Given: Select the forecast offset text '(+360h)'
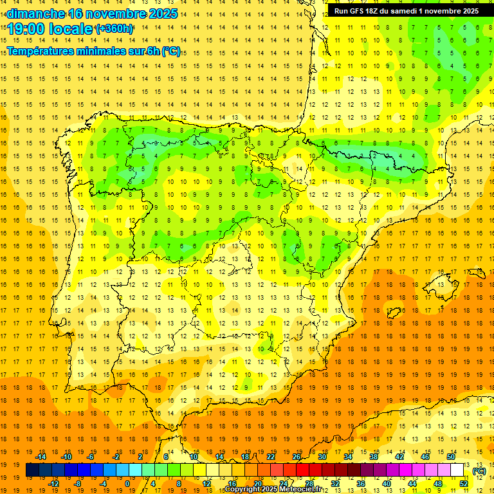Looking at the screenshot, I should click(114, 29).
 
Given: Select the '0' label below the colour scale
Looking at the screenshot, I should click(127, 484).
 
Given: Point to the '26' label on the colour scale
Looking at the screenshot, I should click(297, 457).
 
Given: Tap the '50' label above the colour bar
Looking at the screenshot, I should click(450, 457).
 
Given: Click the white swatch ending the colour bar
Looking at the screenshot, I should click(457, 470).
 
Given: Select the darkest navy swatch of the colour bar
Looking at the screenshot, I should click(32, 470).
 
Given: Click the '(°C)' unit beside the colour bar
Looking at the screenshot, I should click(479, 471).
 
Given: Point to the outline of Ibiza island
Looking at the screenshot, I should click(394, 313).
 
